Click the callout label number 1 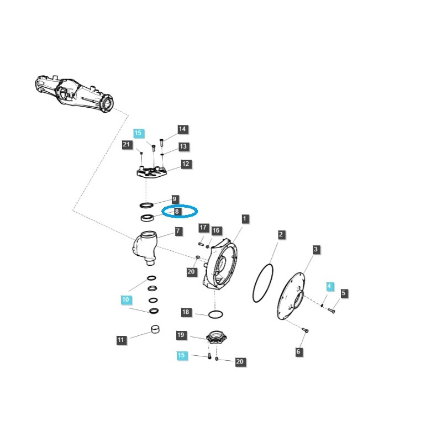(245, 219)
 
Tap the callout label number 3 (315, 250)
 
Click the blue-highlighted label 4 (330, 286)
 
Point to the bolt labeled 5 (331, 311)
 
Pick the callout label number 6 (299, 351)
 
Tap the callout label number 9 (174, 199)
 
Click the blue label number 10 (126, 299)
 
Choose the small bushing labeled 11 (156, 331)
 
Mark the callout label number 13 (183, 147)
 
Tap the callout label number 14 (182, 129)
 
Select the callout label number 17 (203, 228)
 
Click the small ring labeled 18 (215, 314)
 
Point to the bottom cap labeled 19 (213, 338)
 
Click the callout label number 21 (127, 144)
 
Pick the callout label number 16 (215, 230)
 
